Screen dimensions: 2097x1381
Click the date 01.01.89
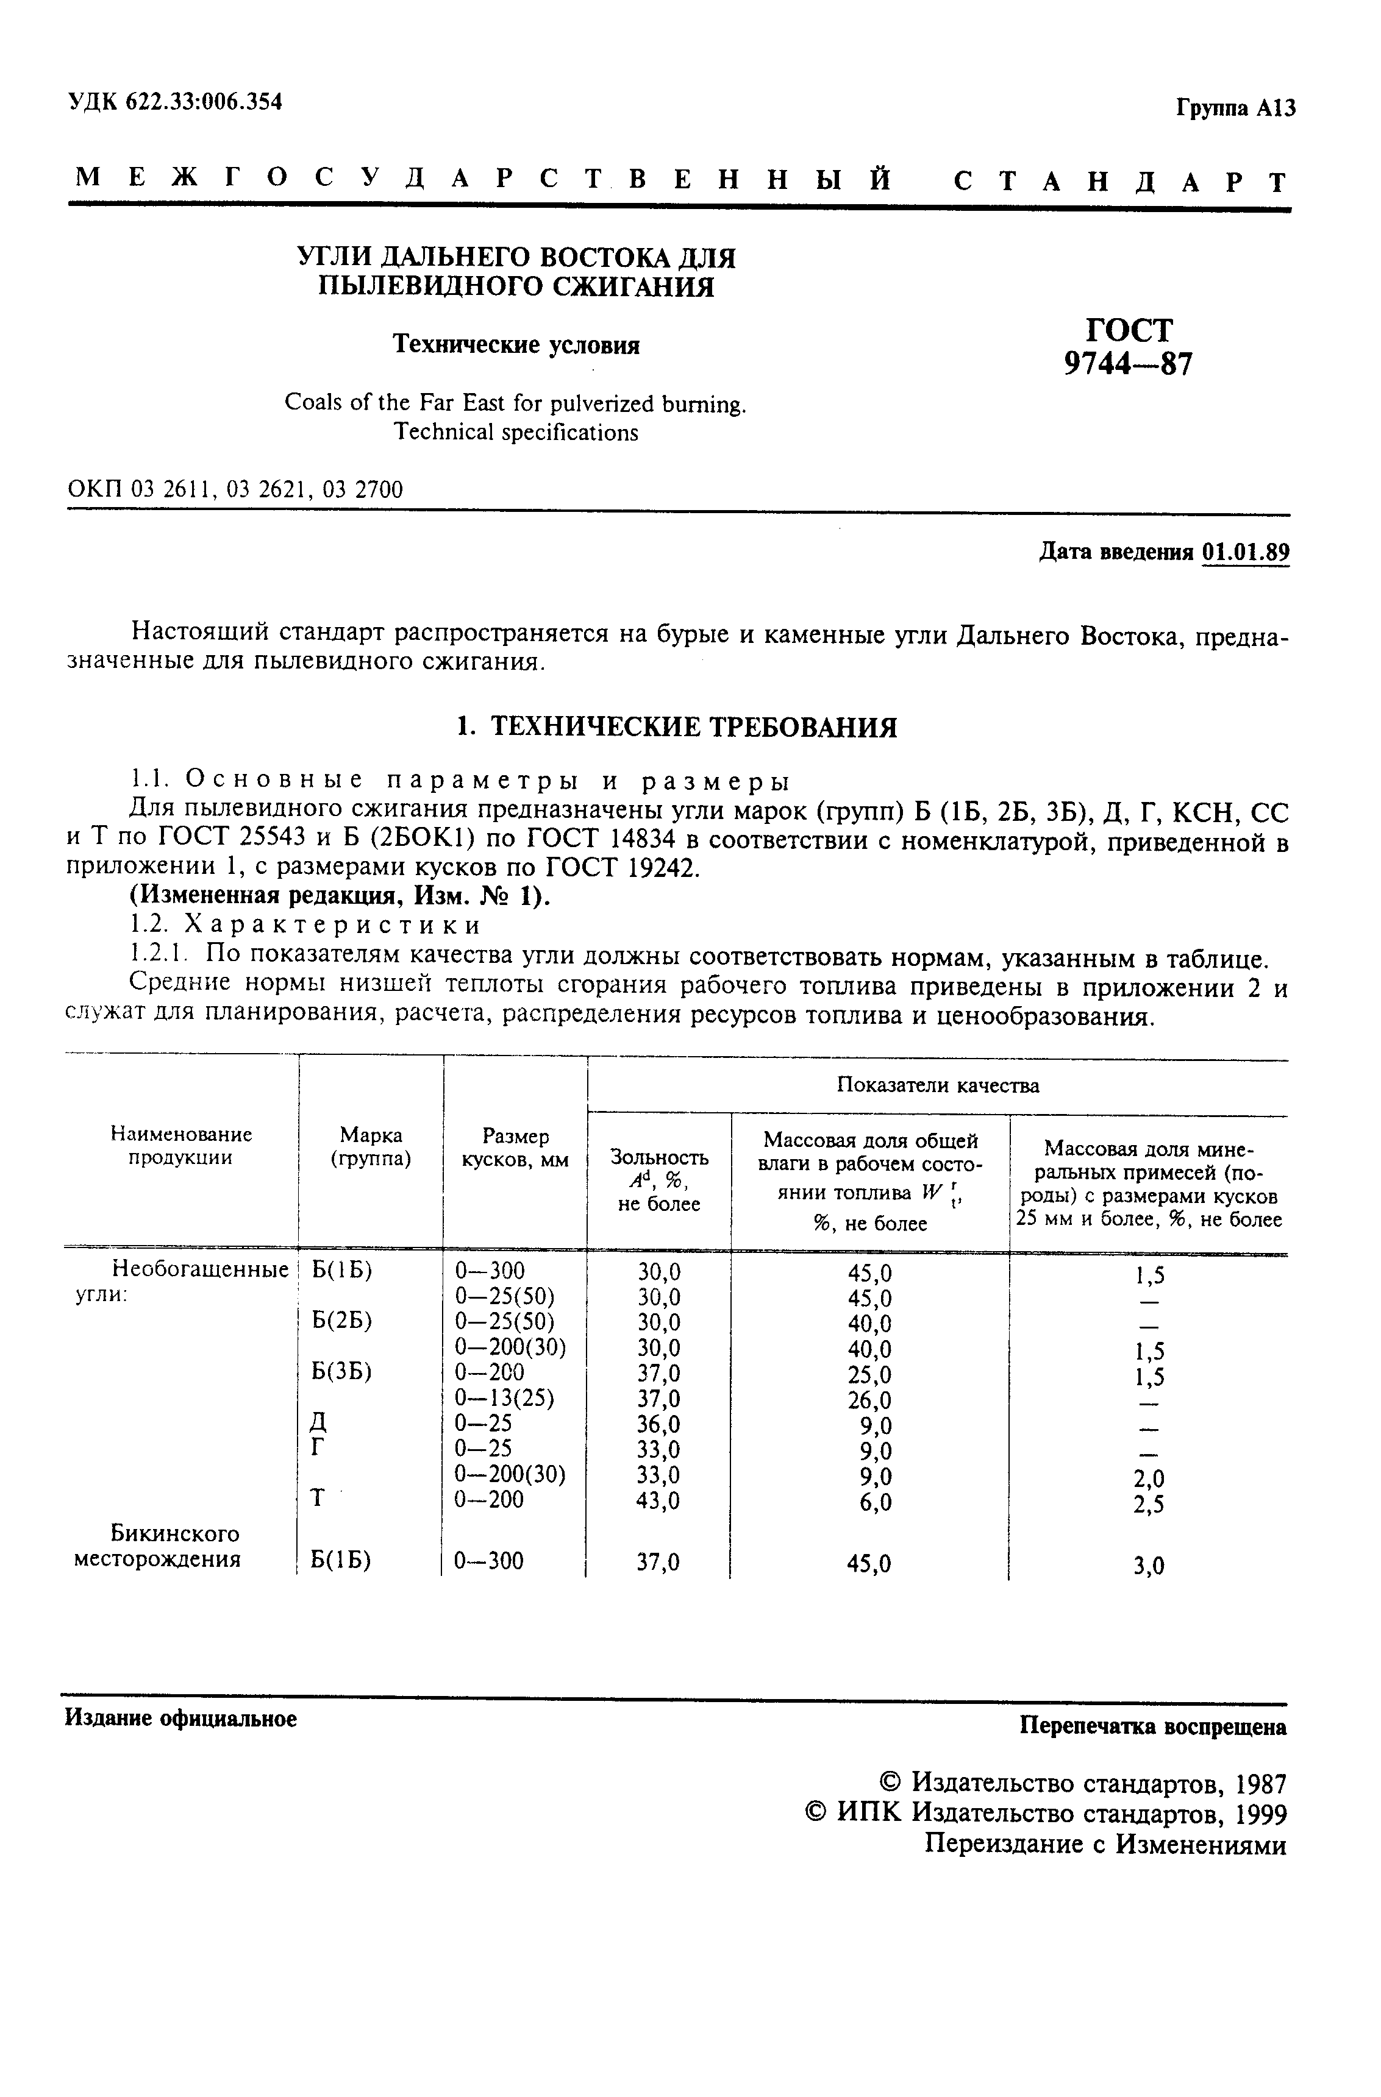1245,553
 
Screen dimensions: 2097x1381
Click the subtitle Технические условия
516,344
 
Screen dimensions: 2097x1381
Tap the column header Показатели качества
938,1085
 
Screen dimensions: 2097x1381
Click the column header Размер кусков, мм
516,1148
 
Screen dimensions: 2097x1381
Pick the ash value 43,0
658,1500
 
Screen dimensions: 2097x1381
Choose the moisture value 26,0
870,1399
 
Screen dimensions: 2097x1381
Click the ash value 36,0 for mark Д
658,1424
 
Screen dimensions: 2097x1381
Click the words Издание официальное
180,1718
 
